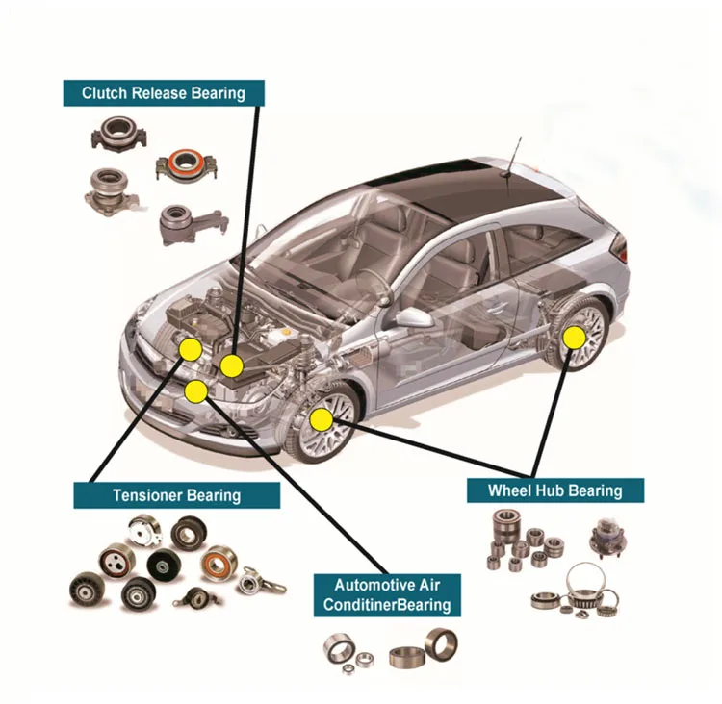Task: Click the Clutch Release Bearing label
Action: coord(163,92)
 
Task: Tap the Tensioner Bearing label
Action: coord(176,495)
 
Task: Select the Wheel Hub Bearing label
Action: coord(554,490)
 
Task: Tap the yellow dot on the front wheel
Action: coord(321,419)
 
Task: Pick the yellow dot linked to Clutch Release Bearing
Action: coord(231,365)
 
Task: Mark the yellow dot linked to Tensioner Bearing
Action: coord(191,349)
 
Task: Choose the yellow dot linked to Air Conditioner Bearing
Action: coord(196,390)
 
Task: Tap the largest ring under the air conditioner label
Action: coord(440,643)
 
